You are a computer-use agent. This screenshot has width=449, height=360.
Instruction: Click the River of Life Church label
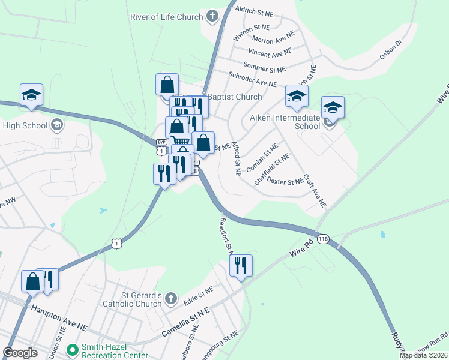click(x=166, y=17)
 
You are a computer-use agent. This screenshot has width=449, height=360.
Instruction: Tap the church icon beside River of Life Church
click(x=212, y=17)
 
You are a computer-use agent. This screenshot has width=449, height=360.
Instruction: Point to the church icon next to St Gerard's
click(x=171, y=298)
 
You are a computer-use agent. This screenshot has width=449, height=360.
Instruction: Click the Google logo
click(x=20, y=353)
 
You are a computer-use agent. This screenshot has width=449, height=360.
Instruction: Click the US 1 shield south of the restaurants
click(x=116, y=243)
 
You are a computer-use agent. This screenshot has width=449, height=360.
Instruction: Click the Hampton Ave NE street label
click(x=59, y=318)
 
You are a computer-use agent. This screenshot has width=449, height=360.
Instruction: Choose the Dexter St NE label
click(x=284, y=181)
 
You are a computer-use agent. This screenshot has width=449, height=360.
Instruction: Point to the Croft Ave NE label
click(x=315, y=191)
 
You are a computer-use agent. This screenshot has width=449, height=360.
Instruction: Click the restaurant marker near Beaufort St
click(x=241, y=265)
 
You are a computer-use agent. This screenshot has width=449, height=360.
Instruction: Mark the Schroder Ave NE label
click(x=252, y=79)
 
